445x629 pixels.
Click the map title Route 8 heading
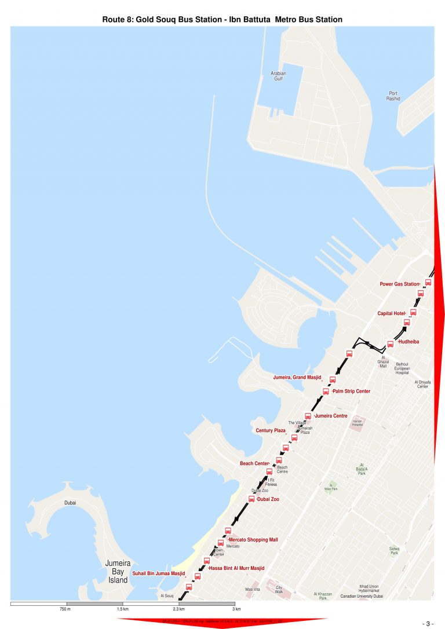222,20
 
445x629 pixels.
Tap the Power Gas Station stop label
399,284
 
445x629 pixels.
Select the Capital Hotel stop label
391,313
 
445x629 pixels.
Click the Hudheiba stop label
408,342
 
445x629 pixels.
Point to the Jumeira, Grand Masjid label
297,378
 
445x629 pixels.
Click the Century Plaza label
271,431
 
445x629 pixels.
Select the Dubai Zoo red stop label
268,499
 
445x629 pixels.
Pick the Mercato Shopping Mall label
253,540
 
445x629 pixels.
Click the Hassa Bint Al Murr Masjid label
236,568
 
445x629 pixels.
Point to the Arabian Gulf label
279,76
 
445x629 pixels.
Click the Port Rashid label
393,96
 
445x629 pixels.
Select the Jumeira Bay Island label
118,571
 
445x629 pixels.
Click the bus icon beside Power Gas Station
428,283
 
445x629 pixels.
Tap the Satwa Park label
394,550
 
